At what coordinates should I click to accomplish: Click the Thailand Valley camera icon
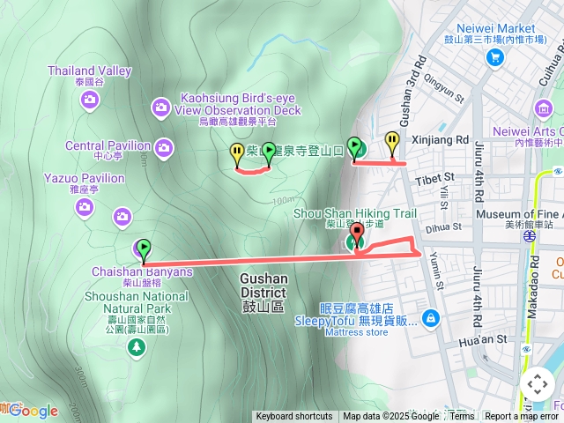90,100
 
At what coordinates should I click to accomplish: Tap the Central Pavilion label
108,145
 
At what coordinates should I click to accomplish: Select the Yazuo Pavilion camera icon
85,208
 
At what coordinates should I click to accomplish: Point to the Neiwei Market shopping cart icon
494,58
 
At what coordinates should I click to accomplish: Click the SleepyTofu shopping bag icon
431,317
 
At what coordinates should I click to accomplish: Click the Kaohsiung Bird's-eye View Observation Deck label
239,104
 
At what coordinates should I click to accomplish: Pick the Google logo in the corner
33,411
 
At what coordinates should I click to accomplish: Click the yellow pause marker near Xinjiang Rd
391,140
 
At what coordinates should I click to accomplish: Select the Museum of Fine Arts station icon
528,236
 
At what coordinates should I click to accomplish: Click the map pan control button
537,385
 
